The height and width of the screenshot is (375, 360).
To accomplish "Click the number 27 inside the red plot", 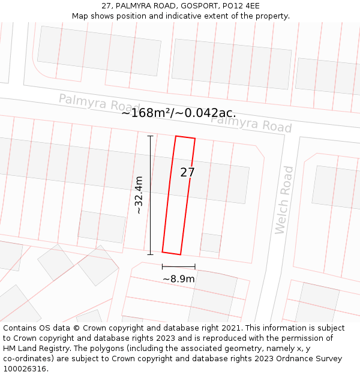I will (x=188, y=173).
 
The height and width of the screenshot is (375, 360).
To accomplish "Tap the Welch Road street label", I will (x=284, y=200).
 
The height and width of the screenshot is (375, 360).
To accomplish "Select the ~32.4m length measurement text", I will (x=139, y=195).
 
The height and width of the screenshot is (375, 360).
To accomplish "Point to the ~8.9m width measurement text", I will (x=179, y=279).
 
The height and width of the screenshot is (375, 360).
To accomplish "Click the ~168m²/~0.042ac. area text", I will (x=179, y=113).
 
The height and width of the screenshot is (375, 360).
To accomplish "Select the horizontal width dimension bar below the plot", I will (x=179, y=266).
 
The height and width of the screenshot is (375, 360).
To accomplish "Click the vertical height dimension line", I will (x=150, y=195).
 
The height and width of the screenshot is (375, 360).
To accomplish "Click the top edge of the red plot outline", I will (x=185, y=137).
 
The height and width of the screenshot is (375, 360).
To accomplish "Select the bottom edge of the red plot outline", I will (x=172, y=253).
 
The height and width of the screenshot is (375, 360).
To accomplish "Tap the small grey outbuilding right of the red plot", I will (x=211, y=242).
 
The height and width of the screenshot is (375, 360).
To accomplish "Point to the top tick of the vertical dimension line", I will (x=150, y=136).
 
